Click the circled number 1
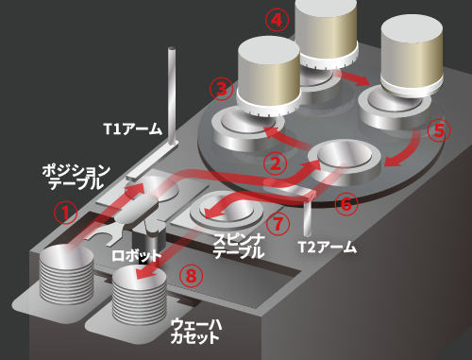tap(65, 213)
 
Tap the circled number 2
tap(276, 163)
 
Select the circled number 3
tap(222, 89)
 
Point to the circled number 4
tap(277, 20)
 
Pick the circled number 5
tap(439, 130)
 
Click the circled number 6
tap(346, 204)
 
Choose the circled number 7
tap(278, 224)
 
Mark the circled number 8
tap(191, 276)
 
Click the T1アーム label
tap(133, 129)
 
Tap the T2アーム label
tap(328, 247)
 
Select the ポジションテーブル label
tap(76, 177)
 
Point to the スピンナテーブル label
tap(239, 247)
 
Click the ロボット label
tap(137, 255)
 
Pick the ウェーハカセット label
tap(195, 331)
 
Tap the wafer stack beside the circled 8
tap(140, 295)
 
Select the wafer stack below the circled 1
tap(66, 274)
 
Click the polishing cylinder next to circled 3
tap(268, 77)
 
